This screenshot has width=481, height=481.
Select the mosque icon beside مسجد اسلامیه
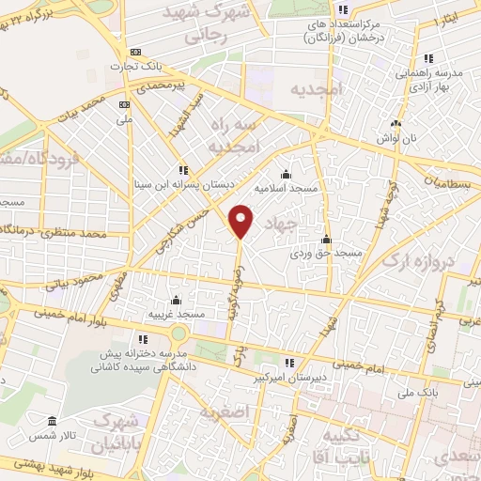tap(286, 174)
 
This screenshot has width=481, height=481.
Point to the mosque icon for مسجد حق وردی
tap(326, 239)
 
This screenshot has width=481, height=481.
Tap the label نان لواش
tap(396, 137)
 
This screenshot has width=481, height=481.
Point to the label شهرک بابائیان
tap(123, 431)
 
